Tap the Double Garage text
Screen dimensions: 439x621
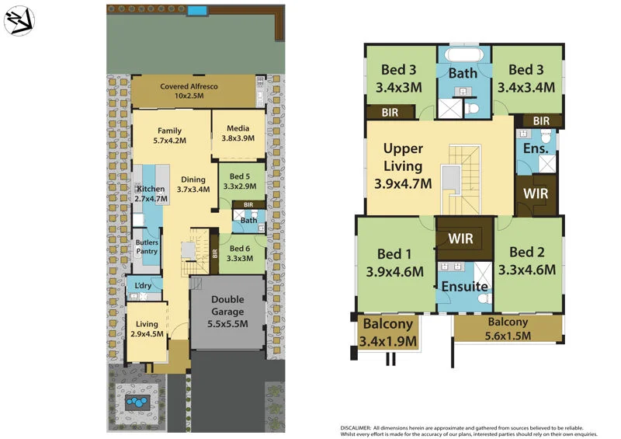[x=228, y=305]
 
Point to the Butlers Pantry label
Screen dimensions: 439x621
[x=147, y=246]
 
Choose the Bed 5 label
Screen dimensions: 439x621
[x=240, y=181]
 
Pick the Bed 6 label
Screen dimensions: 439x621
[x=241, y=253]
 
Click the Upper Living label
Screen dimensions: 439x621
[x=403, y=157]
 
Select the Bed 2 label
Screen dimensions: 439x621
[x=526, y=253]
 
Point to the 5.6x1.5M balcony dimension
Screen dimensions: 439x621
[x=508, y=336]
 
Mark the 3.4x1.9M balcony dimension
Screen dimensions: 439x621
[x=388, y=340]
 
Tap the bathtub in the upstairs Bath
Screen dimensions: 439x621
[x=463, y=56]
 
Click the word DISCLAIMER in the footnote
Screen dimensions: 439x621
[x=361, y=428]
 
